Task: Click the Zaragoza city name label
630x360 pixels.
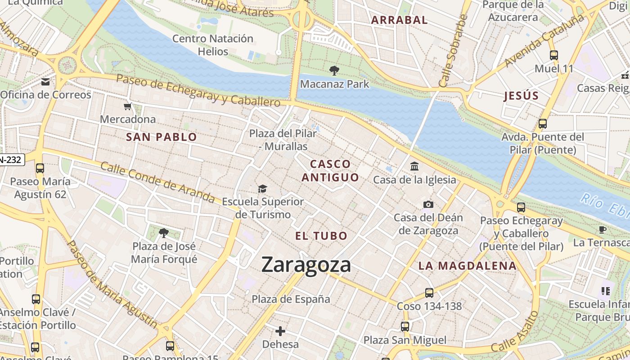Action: pos(306,265)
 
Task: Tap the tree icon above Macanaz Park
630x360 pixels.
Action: pos(334,71)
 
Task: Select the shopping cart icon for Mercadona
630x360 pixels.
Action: pos(128,107)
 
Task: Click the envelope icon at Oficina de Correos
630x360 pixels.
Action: pos(45,82)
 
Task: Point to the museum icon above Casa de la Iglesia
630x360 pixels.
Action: pos(414,166)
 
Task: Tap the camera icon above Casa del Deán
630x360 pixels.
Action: pos(428,205)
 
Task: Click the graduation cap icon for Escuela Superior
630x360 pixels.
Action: pos(262,189)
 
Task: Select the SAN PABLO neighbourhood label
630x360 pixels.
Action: pos(162,137)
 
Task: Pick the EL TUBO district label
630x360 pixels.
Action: pos(321,236)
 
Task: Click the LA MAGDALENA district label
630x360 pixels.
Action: pos(468,265)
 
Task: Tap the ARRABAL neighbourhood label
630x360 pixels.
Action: pos(399,20)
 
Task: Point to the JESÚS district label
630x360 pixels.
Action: pos(521,96)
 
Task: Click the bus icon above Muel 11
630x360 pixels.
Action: pos(553,55)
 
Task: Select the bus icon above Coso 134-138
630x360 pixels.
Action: pos(429,293)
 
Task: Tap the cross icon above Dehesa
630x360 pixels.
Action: pos(280,332)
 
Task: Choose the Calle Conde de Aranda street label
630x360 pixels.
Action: pos(157,181)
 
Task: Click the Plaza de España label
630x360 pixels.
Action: pos(291,299)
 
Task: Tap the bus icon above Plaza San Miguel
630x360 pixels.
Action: pos(405,327)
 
